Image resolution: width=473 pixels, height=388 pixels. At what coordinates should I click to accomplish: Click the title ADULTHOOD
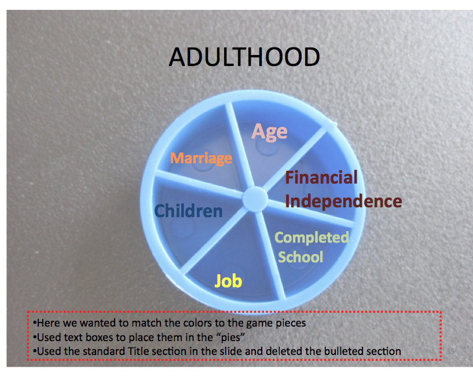click(244, 57)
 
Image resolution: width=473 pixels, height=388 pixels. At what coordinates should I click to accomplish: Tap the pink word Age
click(269, 132)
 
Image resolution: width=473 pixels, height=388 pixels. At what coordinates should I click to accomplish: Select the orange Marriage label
click(201, 158)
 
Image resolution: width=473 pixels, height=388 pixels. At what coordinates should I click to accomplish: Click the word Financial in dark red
click(321, 177)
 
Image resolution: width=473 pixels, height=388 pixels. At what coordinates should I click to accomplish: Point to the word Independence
click(343, 201)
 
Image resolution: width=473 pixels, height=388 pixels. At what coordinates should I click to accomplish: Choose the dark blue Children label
click(189, 211)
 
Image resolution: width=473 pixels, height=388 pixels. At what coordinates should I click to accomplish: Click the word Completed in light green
click(312, 238)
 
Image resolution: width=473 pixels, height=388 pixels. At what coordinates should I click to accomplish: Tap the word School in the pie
click(300, 257)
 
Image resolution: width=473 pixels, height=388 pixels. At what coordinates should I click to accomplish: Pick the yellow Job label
click(228, 281)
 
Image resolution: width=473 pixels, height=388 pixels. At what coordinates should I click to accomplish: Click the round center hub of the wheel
click(255, 198)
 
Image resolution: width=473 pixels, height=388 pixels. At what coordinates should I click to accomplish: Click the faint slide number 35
click(450, 351)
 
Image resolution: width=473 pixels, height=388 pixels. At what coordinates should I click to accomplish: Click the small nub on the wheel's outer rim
click(333, 123)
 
